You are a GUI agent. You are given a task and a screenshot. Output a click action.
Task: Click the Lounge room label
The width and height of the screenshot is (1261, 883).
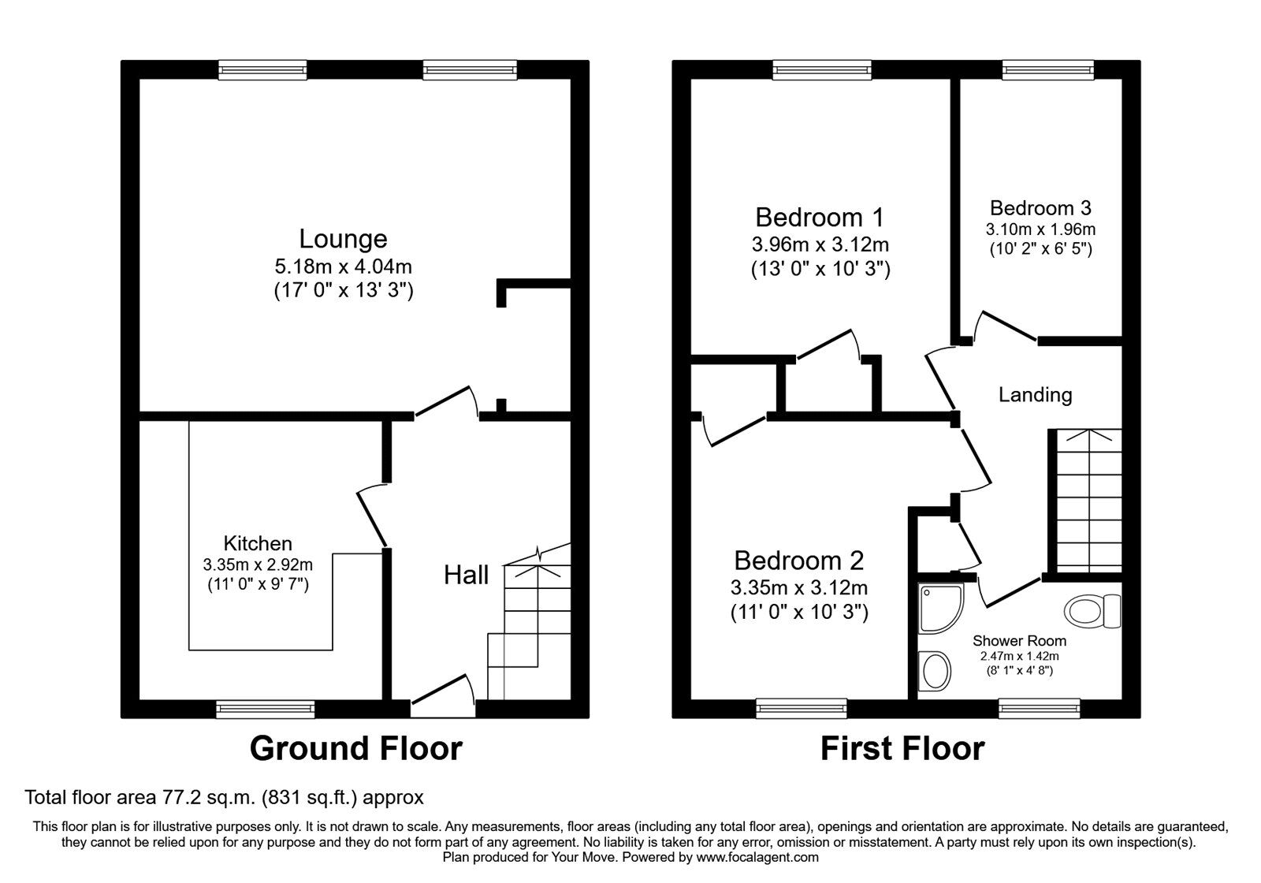click(343, 239)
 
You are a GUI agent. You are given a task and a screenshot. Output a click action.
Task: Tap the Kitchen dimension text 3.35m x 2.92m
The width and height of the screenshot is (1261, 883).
click(258, 564)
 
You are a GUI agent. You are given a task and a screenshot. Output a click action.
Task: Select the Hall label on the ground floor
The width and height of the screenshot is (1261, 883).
click(466, 575)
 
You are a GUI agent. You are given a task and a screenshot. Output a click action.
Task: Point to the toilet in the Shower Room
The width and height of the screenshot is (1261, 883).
click(1092, 611)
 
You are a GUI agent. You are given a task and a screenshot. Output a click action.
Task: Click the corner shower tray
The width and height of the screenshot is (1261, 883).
click(941, 608)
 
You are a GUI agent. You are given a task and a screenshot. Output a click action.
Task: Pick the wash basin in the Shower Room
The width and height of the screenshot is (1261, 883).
click(935, 671)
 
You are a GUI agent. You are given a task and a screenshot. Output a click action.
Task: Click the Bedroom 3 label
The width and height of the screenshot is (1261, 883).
click(1040, 208)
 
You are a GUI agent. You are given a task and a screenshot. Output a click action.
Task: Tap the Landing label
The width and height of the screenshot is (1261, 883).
click(1036, 395)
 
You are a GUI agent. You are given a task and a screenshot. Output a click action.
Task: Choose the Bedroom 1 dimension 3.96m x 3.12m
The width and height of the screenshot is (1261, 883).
click(820, 244)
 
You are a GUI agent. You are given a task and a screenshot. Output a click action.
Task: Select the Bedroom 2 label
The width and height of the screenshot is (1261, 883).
click(799, 561)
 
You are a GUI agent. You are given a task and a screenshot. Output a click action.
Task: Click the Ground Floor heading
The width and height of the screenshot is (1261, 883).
click(355, 748)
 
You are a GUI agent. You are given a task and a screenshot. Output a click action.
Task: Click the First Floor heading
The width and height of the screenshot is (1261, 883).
click(902, 748)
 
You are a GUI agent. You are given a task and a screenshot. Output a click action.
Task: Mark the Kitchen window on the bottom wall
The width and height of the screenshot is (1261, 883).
click(265, 709)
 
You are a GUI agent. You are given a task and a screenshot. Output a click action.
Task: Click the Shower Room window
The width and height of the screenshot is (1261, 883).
click(1040, 709)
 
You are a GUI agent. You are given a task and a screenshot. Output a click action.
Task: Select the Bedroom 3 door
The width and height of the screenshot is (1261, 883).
click(1006, 326)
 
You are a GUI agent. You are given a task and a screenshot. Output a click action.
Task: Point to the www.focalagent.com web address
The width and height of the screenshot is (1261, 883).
click(757, 857)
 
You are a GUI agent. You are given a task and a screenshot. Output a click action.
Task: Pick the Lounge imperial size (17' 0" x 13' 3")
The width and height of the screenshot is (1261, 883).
click(344, 290)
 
